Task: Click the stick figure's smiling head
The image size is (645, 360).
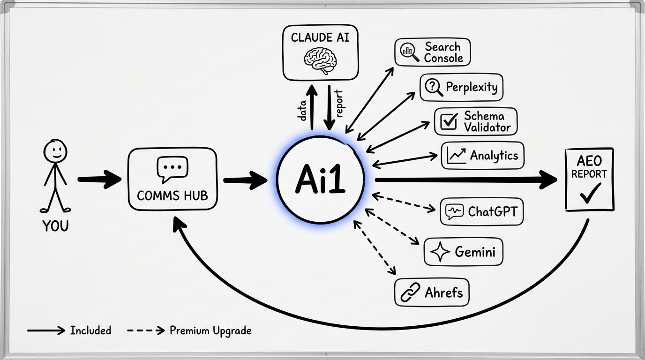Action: tap(55, 151)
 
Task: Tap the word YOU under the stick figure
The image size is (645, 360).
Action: tap(55, 226)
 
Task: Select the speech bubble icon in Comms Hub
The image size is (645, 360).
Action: tap(172, 169)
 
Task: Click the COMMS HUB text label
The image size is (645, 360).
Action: tap(172, 195)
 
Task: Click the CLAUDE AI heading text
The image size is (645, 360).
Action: tap(320, 37)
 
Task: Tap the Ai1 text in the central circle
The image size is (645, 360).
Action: tap(320, 180)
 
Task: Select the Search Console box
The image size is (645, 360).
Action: tap(432, 52)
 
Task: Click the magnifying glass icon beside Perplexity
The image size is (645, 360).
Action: tap(433, 87)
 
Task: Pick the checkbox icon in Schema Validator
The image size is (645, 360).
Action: tap(449, 121)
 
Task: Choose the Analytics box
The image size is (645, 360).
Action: tap(482, 156)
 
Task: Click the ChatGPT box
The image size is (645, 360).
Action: tap(481, 211)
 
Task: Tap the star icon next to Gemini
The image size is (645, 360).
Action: tap(440, 252)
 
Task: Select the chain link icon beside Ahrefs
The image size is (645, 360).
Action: tap(410, 293)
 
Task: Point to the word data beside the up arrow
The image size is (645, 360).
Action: tap(303, 110)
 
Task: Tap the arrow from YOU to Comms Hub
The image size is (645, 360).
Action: tap(99, 179)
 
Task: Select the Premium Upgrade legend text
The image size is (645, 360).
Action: tap(210, 330)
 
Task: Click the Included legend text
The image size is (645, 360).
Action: tap(90, 330)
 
